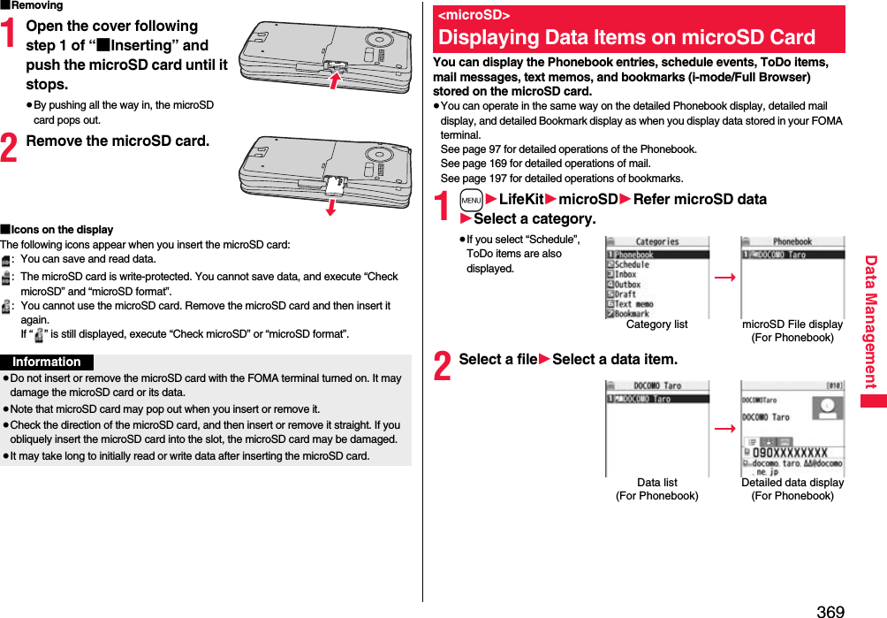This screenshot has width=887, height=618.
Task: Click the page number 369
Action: (830, 611)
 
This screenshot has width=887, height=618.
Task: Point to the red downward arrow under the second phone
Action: (330, 206)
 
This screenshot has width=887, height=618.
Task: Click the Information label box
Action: (47, 362)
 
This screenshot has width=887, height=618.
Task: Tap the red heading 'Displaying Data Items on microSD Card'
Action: (626, 37)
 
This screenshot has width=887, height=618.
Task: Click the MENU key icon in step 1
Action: (471, 200)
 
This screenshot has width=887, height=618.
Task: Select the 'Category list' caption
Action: (656, 324)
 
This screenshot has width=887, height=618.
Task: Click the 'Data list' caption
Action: (657, 483)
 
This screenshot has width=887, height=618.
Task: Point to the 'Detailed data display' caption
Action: (792, 483)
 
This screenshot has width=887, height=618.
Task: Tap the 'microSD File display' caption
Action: (792, 324)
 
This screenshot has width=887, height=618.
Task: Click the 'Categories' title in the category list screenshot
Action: (657, 242)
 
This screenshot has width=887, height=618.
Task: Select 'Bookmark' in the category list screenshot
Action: (632, 314)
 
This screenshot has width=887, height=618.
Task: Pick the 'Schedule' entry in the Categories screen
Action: (632, 265)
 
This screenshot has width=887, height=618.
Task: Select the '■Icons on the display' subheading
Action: (57, 230)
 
